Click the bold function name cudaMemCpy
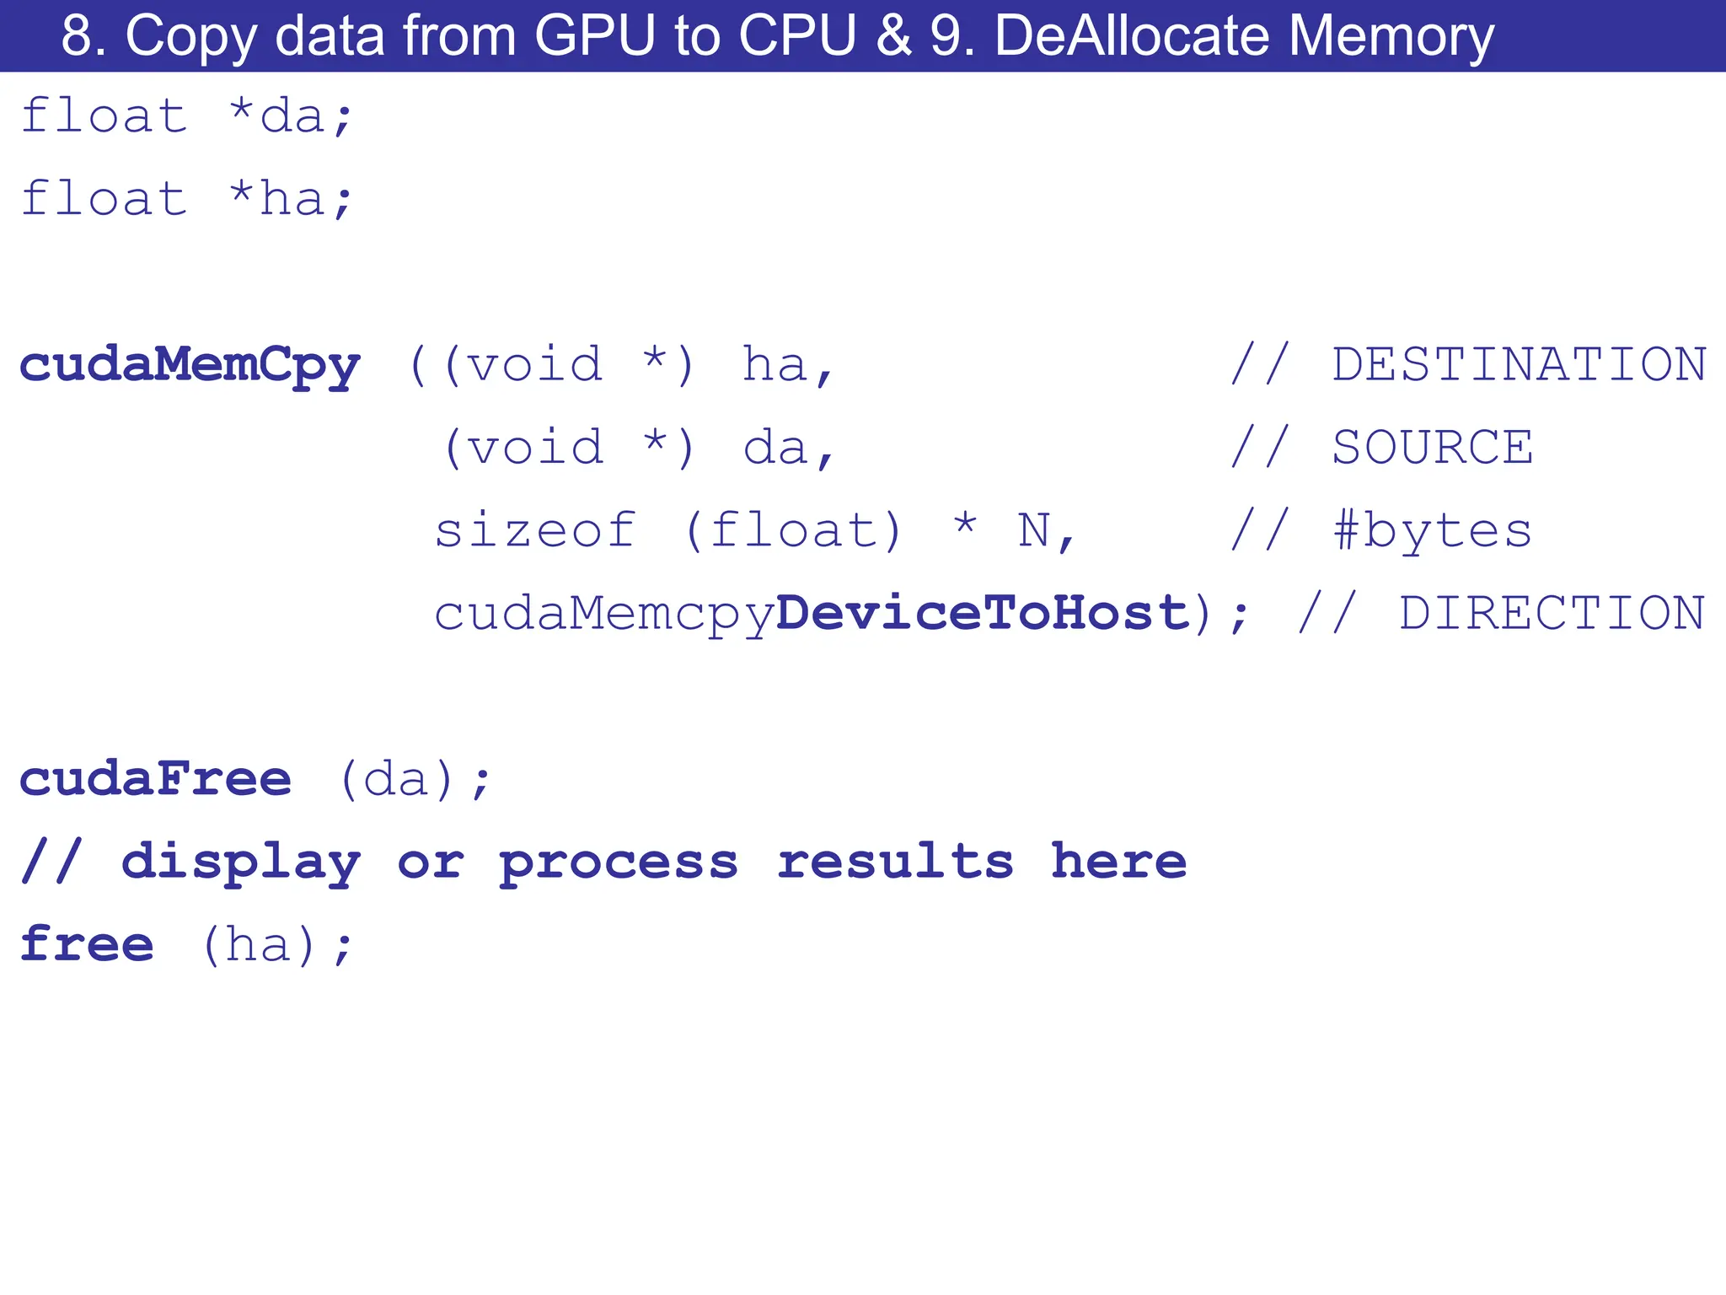point(190,365)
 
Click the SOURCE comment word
point(1432,448)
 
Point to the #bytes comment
point(1432,531)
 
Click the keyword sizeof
point(535,531)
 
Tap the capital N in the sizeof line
point(1034,531)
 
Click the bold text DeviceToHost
point(982,613)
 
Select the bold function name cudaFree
point(156,779)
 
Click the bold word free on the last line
point(87,944)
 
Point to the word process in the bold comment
point(619,862)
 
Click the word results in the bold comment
point(895,862)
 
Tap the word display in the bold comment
point(241,862)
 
